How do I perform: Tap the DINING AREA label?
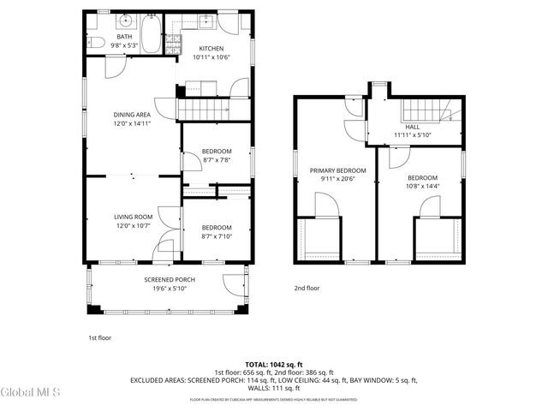[x=133, y=114]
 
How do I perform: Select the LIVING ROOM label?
[x=133, y=217]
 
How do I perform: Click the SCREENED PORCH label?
[x=169, y=280]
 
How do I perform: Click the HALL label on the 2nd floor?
[x=413, y=126]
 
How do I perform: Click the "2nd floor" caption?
[x=307, y=289]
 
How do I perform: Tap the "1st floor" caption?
[x=99, y=337]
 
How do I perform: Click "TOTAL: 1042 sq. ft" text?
[x=274, y=364]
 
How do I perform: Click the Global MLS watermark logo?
[x=30, y=393]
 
